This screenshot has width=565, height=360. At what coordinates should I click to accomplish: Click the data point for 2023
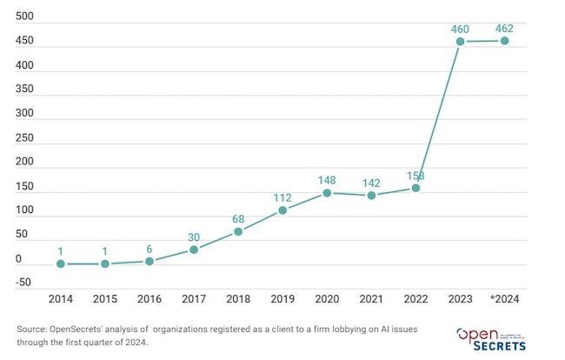tap(461, 42)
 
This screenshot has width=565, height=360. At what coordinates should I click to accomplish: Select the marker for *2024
tap(505, 41)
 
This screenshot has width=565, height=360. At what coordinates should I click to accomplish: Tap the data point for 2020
tap(327, 193)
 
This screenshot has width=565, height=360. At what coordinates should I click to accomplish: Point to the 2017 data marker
tap(194, 250)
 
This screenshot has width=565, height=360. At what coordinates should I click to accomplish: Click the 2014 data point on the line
tap(61, 263)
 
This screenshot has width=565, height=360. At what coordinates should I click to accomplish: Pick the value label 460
tap(461, 29)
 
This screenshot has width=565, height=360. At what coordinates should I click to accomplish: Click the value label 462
tap(505, 28)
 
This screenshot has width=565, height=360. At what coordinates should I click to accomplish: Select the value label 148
tap(327, 179)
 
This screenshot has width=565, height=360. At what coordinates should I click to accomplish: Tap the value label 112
tap(282, 197)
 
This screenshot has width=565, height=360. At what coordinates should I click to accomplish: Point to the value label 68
tap(238, 218)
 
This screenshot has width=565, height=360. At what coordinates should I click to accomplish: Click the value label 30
tap(194, 237)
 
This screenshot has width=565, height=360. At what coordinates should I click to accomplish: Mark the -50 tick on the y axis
tap(23, 283)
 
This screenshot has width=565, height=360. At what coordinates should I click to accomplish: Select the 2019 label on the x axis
tap(282, 299)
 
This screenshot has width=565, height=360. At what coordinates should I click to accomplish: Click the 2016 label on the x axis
tap(150, 299)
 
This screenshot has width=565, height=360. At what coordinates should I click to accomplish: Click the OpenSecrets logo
tap(491, 338)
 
